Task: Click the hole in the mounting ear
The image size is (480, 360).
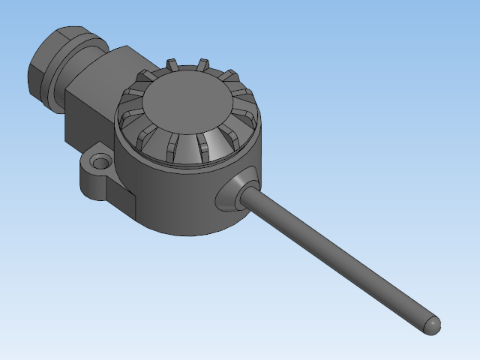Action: (98, 161)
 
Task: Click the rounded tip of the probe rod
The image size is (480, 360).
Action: (433, 325)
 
